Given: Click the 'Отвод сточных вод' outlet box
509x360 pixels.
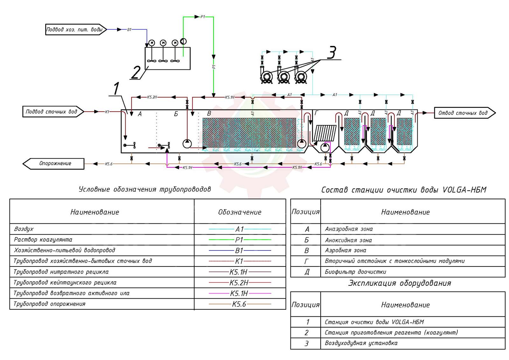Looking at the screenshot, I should pos(463,113).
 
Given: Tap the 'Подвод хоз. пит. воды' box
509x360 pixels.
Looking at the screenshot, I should pos(74,30).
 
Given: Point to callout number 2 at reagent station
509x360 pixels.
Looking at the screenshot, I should pos(136,72).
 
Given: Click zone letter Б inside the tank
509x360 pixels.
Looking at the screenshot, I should pos(176,114).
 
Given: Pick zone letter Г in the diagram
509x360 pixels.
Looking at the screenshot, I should pos(316,113).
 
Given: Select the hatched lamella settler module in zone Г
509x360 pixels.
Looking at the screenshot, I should pos(325,133).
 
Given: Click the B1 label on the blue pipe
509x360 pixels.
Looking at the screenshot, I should pos(129,30).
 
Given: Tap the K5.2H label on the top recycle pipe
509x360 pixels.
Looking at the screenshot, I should pos(152,97).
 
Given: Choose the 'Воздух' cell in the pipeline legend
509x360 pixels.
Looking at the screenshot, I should pos(24,229).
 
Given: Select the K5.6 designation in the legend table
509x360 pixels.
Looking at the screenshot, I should pos(239,304).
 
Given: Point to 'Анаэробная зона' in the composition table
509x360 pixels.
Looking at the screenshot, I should pos(349,229).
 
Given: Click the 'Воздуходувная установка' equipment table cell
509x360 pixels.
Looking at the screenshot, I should pos(361,343).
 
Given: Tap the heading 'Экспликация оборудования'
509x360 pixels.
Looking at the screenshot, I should pos(400,283).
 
